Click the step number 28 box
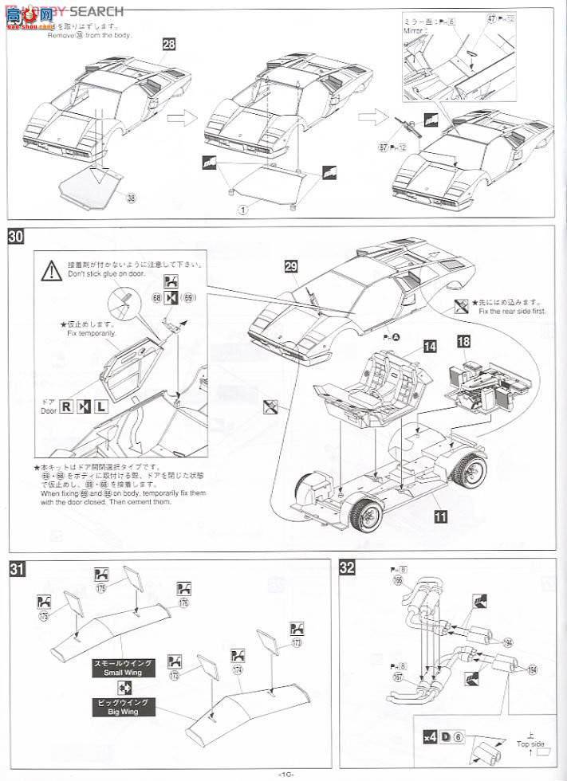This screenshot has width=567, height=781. (168, 45)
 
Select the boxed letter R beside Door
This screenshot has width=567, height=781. (65, 406)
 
